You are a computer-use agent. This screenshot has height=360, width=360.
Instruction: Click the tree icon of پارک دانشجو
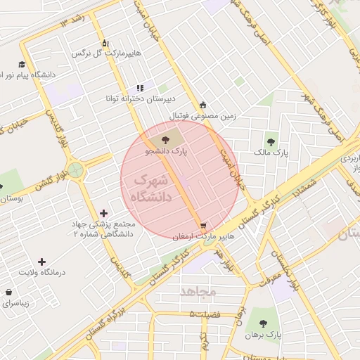[165, 140]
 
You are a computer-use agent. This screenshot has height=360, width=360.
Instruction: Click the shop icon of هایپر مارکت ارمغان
[204, 226]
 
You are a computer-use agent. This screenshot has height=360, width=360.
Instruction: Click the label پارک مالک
[271, 152]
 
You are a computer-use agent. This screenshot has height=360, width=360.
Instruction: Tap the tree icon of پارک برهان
[263, 323]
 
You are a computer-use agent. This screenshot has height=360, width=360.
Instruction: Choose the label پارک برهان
[263, 335]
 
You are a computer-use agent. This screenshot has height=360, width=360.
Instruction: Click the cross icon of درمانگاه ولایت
[41, 262]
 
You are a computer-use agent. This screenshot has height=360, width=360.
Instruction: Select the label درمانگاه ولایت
[41, 272]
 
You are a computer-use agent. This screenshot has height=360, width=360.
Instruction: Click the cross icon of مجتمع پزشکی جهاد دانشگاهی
[104, 212]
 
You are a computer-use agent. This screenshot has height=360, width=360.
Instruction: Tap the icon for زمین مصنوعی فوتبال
[203, 105]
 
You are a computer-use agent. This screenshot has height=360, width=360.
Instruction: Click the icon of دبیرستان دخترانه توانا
[140, 88]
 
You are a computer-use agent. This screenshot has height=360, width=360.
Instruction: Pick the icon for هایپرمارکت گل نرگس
[105, 43]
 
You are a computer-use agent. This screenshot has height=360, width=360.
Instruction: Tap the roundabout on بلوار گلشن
[76, 169]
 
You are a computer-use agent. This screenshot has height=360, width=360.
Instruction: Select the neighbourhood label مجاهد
[198, 291]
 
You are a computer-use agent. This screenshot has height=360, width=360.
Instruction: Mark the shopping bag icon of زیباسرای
[8, 292]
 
